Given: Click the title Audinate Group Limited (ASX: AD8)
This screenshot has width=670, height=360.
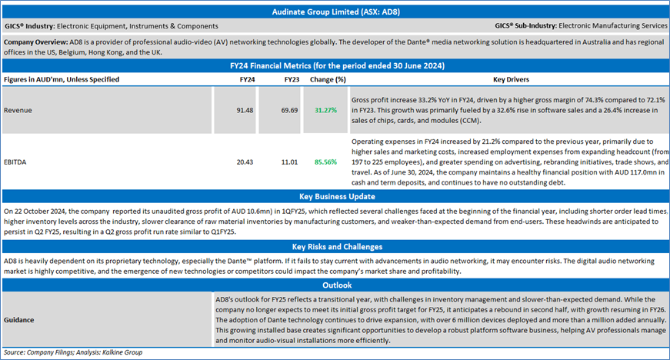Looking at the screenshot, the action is (x=336, y=12).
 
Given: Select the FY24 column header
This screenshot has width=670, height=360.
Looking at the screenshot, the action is (x=247, y=79).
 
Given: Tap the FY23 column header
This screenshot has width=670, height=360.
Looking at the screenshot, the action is (x=292, y=79).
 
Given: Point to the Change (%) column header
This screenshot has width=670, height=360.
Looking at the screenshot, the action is (x=328, y=79).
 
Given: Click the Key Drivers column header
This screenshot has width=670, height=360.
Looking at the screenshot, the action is (x=511, y=79).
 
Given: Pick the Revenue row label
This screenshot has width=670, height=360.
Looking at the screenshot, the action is (x=18, y=110).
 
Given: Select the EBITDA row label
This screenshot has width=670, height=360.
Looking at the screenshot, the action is (x=15, y=162).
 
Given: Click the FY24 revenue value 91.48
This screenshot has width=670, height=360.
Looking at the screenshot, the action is (x=245, y=110).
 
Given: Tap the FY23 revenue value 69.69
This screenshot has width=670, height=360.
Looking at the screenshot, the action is (x=289, y=110).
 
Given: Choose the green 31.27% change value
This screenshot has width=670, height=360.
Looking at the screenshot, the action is (x=325, y=110).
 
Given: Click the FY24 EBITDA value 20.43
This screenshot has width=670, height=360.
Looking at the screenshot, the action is (x=245, y=162).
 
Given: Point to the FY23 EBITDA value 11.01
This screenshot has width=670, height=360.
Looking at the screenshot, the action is (x=289, y=162).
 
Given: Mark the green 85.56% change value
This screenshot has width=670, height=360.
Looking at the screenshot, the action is (x=325, y=162).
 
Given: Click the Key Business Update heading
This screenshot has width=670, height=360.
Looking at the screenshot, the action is (x=337, y=196).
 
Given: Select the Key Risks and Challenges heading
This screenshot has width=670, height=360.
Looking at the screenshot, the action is (x=337, y=247).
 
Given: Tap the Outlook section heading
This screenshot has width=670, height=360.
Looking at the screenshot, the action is (x=337, y=285).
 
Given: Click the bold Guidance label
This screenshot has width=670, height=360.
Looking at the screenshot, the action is (x=18, y=320).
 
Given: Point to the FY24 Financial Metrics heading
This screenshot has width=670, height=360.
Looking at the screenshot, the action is (x=337, y=65).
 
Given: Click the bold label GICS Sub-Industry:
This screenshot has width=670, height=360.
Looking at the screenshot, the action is (x=525, y=25).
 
